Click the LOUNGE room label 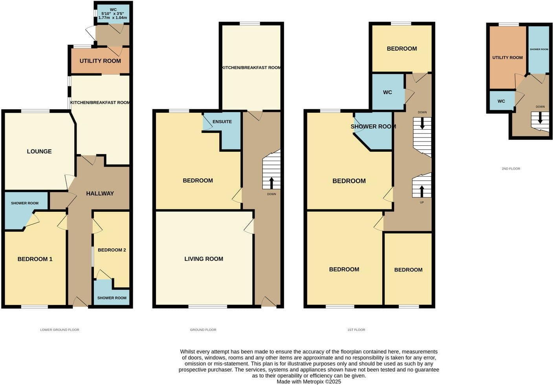click(39, 151)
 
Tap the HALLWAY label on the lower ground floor click(100, 193)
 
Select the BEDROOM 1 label click(35, 259)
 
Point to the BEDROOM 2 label click(112, 250)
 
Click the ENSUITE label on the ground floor click(222, 122)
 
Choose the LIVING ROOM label click(204, 259)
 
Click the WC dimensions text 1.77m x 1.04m click(113, 18)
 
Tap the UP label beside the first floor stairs click(422, 202)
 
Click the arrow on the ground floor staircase click(271, 183)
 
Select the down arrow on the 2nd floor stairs click(540, 118)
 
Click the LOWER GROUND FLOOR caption click(60, 330)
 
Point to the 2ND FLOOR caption click(511, 169)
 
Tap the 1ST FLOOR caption click(356, 330)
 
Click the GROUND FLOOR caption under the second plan click(203, 330)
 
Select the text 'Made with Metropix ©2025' click(309, 381)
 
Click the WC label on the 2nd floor click(501, 101)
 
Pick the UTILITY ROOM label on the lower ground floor click(100, 61)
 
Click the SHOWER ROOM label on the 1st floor click(373, 126)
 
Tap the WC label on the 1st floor click(387, 92)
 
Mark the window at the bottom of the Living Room click(208, 306)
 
